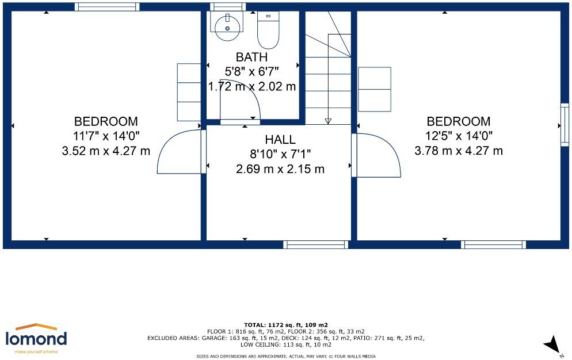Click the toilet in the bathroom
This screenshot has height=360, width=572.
click(x=268, y=29)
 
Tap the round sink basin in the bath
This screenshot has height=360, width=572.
click(x=227, y=28)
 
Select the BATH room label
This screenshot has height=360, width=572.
click(x=251, y=58)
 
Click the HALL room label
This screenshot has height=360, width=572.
click(x=280, y=139)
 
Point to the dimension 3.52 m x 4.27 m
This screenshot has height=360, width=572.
click(x=106, y=151)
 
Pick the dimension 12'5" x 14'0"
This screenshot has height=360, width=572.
click(x=459, y=136)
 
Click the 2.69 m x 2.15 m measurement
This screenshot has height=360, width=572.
click(x=280, y=169)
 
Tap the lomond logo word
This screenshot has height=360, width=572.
click(x=36, y=339)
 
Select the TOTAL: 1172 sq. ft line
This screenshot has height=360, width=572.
click(x=285, y=324)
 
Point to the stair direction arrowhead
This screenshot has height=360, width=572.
click(x=328, y=121)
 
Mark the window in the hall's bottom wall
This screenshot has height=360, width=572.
click(x=316, y=244)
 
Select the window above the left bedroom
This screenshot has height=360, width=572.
click(x=107, y=7)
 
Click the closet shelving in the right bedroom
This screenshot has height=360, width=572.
click(x=375, y=89)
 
